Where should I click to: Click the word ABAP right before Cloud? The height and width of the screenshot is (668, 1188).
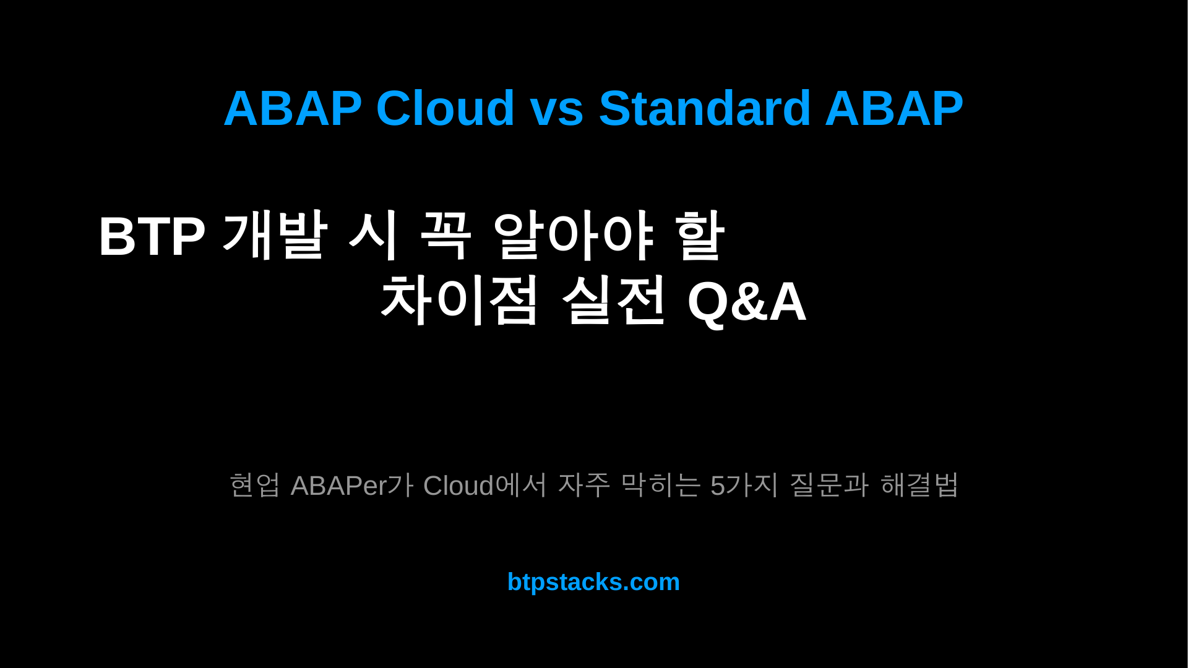[x=293, y=108]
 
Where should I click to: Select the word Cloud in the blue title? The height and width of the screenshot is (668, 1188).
[x=445, y=108]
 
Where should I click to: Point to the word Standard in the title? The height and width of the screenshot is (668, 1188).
[x=705, y=108]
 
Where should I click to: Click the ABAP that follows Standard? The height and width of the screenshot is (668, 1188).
[x=894, y=108]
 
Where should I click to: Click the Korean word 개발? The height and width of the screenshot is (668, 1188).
[x=274, y=234]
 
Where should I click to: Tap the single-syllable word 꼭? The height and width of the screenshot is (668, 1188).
[x=445, y=234]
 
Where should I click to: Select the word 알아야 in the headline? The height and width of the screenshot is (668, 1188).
[x=573, y=234]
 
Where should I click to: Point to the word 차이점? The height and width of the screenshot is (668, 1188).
[x=459, y=301]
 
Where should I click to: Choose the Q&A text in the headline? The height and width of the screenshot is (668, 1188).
[x=747, y=302]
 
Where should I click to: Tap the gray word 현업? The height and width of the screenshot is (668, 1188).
[x=254, y=485]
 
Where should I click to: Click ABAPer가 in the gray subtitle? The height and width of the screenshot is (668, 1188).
[x=351, y=485]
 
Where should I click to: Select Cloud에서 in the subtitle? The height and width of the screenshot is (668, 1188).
[x=485, y=485]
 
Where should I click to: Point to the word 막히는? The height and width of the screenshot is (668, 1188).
[x=660, y=485]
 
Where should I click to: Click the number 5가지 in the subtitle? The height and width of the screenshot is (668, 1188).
[x=744, y=485]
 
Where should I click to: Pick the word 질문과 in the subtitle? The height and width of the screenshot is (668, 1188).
[x=829, y=485]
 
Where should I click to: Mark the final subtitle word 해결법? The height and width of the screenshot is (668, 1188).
[x=919, y=485]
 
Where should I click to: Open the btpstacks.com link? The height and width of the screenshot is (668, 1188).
[x=593, y=582]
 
